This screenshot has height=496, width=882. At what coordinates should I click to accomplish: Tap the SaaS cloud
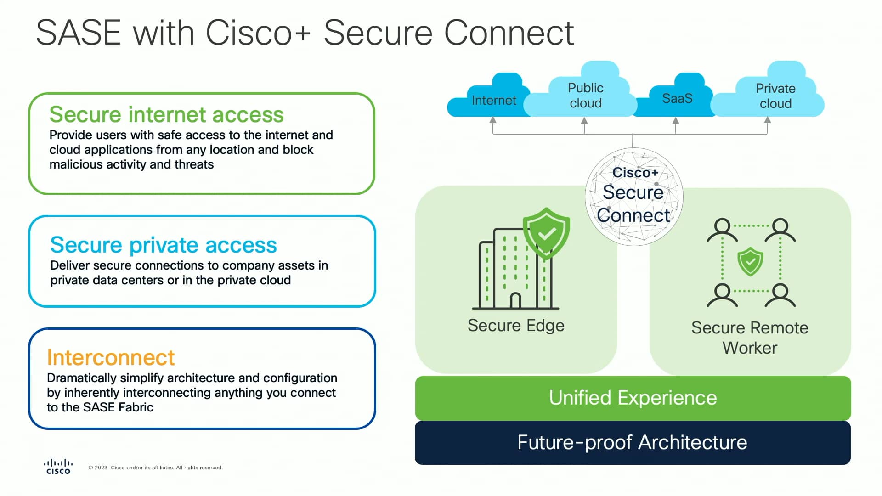tap(677, 98)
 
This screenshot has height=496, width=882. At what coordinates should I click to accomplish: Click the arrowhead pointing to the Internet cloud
tap(493, 120)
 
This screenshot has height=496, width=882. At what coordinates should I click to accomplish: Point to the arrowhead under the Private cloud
tap(767, 120)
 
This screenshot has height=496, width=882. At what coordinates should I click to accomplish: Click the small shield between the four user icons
tap(750, 262)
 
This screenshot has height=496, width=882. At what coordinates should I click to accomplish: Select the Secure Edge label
tap(515, 325)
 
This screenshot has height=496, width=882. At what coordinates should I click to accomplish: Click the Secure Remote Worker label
tap(749, 338)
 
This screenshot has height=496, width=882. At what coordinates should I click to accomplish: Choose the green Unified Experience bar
tap(633, 398)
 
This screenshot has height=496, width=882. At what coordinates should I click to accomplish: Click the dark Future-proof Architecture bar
tap(632, 442)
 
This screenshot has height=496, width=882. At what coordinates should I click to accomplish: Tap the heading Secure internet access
tap(166, 114)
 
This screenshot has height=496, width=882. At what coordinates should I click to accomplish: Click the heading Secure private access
tap(164, 245)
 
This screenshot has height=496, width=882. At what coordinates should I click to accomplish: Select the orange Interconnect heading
tap(111, 357)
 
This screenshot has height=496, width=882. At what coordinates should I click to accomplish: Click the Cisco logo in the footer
tap(58, 466)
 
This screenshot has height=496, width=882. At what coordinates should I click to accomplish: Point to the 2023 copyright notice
tap(155, 468)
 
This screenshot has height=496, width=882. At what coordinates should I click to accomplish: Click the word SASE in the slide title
tap(78, 33)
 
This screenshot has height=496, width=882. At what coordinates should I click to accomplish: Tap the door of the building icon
tap(515, 301)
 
